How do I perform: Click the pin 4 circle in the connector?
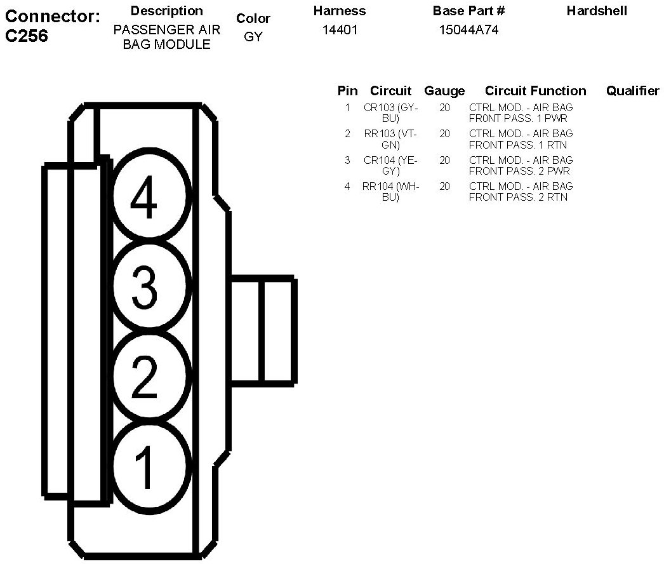coord(151,196)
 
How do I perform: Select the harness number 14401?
coord(340,30)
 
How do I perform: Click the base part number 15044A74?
coord(468,30)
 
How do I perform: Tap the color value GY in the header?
coord(253,37)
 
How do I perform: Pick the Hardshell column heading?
coord(597,11)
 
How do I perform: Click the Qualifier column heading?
coord(632,91)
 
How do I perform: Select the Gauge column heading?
coord(444,91)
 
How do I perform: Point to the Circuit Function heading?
coord(536,91)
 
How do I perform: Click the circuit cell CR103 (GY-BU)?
coord(391,112)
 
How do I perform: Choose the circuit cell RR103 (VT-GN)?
coord(391,138)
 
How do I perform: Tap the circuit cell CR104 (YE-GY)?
coord(391,165)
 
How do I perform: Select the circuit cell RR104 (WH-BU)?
coord(391,191)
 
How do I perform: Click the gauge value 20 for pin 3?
coord(444,160)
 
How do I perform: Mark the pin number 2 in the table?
coord(347,133)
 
